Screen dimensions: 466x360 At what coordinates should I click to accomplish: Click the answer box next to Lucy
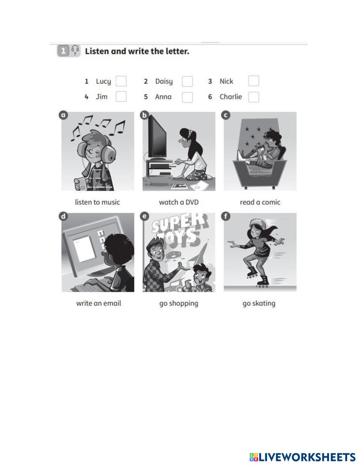[121, 81]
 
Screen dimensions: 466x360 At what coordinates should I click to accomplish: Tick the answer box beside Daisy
[187, 81]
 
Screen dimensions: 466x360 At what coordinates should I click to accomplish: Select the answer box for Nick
[253, 81]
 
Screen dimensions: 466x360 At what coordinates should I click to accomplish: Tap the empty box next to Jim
[121, 97]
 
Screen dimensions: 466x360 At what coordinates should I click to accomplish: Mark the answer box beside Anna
[187, 97]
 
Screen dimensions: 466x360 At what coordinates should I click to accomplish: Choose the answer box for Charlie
[253, 97]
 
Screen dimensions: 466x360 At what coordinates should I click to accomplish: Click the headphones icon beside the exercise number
[75, 50]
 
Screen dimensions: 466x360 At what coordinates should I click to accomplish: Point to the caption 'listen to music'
[97, 202]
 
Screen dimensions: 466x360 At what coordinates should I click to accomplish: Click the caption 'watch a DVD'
[179, 202]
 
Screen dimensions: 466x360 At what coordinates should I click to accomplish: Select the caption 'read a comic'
[260, 202]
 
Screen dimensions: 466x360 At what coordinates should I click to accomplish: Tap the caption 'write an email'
[98, 303]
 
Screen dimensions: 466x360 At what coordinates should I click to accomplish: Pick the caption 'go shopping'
[179, 304]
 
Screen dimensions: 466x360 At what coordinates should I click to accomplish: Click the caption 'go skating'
[259, 304]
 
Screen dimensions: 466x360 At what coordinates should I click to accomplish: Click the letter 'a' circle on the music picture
[63, 115]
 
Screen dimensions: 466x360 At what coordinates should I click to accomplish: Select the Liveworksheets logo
[302, 457]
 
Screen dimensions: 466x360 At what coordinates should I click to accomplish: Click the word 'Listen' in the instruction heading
[97, 51]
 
